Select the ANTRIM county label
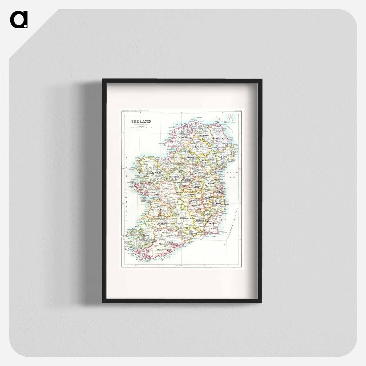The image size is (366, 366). (219, 139)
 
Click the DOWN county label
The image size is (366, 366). (224, 157)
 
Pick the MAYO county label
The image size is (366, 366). (156, 173)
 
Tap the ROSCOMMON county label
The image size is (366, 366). (175, 176)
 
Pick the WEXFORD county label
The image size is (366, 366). (213, 224)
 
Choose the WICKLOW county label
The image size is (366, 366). (217, 204)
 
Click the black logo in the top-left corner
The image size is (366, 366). (19, 20)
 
